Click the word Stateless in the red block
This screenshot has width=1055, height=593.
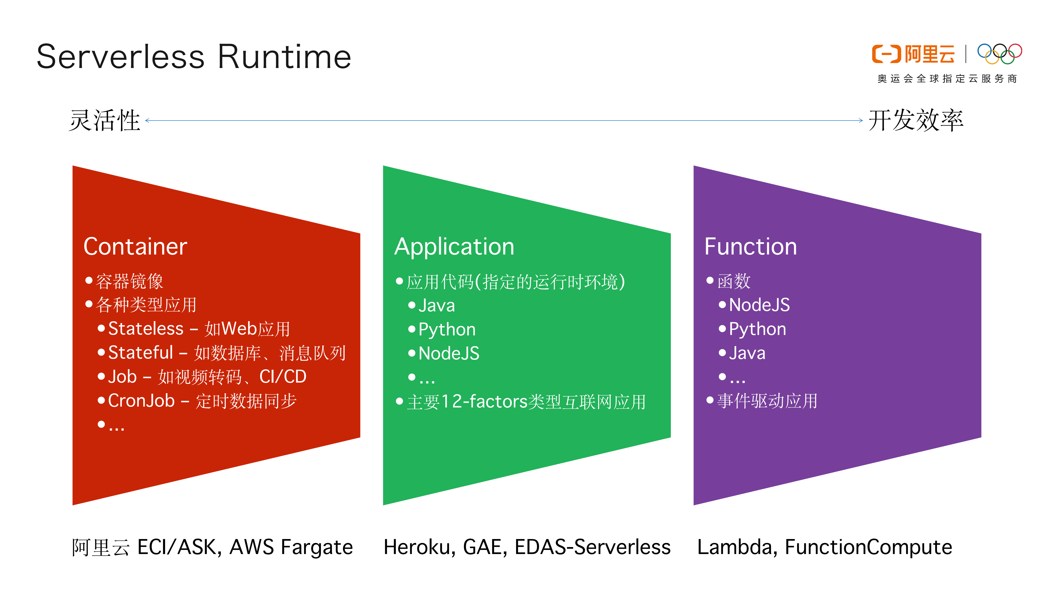coord(146,329)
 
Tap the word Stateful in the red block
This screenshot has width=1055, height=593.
coord(141,352)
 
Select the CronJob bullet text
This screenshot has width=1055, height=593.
coord(141,401)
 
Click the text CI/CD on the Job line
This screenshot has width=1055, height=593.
coord(283,377)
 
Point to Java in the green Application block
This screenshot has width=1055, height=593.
coord(437,305)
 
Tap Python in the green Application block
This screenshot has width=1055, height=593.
coord(447,329)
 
